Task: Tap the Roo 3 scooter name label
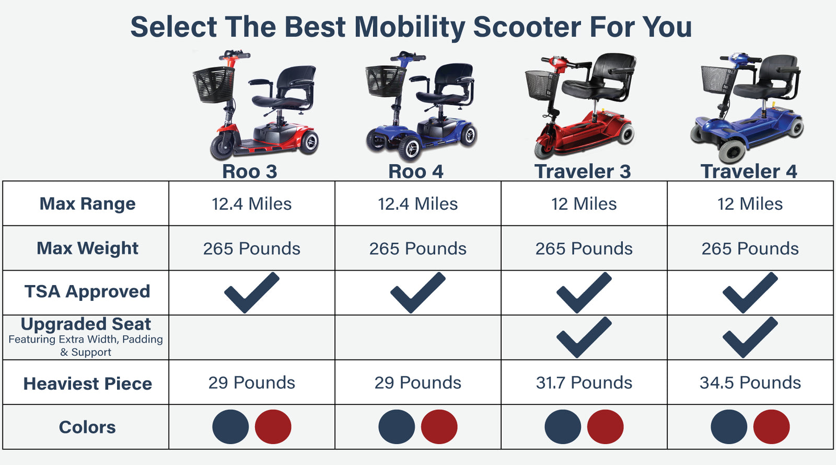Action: [250, 172]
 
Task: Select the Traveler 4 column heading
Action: [749, 172]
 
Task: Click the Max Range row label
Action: [87, 204]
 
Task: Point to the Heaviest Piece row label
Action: [87, 383]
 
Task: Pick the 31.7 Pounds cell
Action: [584, 382]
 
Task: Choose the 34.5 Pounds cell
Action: [750, 382]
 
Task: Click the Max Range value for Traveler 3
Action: [584, 204]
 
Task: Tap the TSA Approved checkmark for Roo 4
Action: [418, 292]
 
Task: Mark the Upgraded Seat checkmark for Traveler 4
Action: [750, 337]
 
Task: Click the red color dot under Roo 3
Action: [273, 426]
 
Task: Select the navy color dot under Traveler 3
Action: [563, 426]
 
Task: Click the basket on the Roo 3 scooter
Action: [214, 84]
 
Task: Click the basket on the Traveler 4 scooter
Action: [718, 80]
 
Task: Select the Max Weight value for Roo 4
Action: [418, 248]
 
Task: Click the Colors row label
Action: [87, 427]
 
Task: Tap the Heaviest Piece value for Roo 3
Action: [251, 382]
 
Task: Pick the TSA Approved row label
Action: [87, 291]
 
